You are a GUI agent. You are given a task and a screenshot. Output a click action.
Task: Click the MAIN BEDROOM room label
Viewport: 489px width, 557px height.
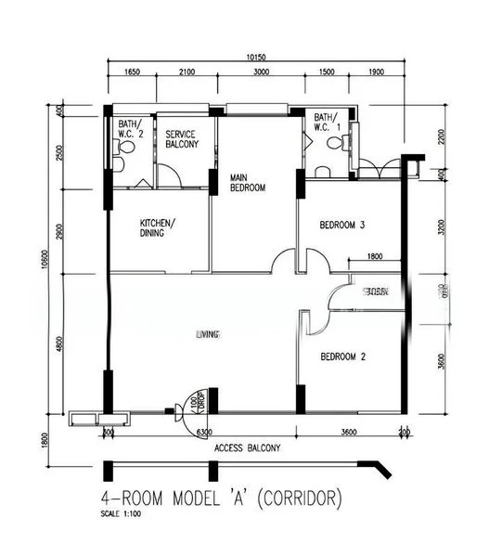pos(247,182)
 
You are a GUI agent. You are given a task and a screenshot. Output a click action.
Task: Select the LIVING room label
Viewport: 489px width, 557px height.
pos(207,334)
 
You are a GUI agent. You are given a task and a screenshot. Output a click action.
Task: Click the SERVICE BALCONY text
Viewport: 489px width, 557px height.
pos(181,139)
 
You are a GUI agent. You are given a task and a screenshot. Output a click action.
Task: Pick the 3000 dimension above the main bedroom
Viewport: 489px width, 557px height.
pos(261,72)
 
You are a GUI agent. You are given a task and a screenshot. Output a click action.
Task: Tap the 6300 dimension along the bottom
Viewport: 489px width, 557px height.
pos(203,432)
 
